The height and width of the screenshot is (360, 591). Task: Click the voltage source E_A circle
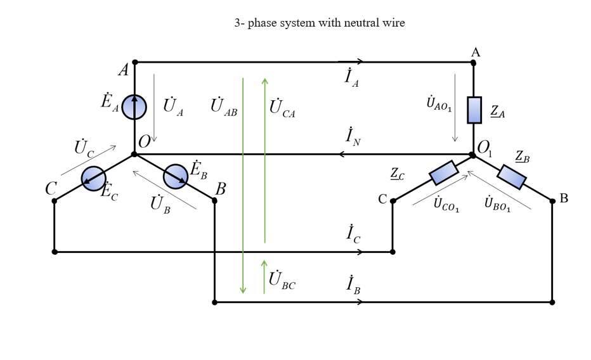tap(134, 107)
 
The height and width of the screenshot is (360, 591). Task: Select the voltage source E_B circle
tap(176, 176)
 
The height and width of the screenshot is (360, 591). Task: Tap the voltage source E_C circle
tap(94, 179)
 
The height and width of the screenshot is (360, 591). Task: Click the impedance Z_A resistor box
tap(474, 110)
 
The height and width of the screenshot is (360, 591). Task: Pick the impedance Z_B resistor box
tap(512, 177)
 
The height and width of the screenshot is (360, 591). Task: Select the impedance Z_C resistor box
tap(443, 173)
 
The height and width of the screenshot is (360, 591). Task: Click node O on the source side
tap(134, 154)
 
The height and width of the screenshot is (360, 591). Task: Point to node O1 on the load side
tap(473, 154)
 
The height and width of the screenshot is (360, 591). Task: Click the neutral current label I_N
tap(353, 138)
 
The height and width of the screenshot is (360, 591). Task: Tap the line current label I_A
tap(352, 78)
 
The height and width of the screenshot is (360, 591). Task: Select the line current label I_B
tap(353, 286)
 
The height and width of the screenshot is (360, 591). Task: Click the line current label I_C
tap(353, 235)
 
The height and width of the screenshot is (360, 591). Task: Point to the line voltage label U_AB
tap(223, 107)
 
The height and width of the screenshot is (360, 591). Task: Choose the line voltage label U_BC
tap(282, 280)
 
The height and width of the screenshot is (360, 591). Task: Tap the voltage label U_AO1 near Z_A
tap(439, 103)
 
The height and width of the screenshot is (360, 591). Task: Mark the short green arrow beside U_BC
tap(264, 276)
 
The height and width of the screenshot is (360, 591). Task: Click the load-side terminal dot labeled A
tap(473, 63)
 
